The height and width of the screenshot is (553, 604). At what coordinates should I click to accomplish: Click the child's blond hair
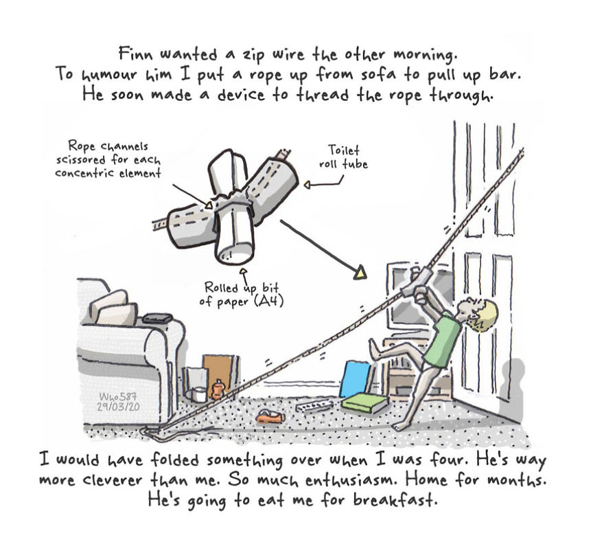[x=484, y=315]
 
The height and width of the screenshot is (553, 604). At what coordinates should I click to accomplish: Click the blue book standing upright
[x=356, y=379]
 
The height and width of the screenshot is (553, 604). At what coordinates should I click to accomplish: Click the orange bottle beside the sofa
[x=218, y=390]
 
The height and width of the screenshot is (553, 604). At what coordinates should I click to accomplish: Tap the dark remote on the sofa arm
[x=156, y=318]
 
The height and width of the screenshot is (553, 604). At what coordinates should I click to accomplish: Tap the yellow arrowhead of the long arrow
[x=360, y=274]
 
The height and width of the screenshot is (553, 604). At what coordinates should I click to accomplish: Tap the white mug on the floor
[x=198, y=395]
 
